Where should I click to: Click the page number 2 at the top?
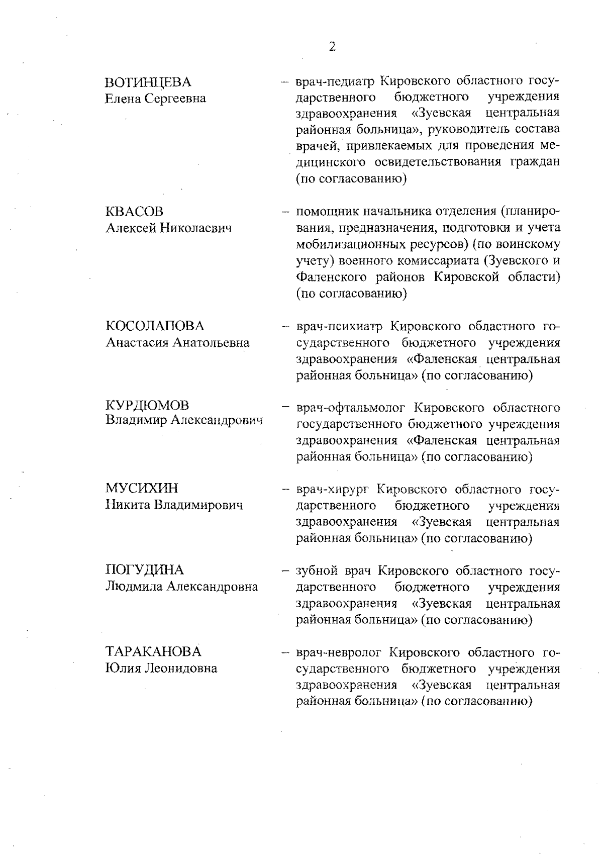[x=332, y=47]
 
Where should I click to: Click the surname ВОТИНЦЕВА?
[x=148, y=82]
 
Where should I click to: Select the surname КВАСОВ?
[x=135, y=212]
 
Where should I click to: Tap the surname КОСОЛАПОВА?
[x=155, y=326]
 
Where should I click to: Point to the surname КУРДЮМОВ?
[x=147, y=405]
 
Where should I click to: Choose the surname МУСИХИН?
[x=142, y=488]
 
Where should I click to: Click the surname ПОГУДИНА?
[x=145, y=570]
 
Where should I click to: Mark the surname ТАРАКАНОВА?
[x=153, y=652]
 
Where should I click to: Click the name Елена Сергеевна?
[x=156, y=99]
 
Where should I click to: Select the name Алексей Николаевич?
[x=169, y=228]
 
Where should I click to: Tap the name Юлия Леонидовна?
[x=161, y=669]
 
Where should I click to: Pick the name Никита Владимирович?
[x=174, y=505]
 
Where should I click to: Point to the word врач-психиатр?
[x=339, y=327]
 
